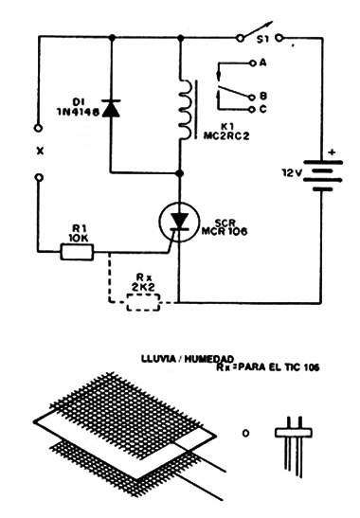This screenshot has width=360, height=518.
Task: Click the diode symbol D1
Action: [112, 107]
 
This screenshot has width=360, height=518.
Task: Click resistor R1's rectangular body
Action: [77, 251]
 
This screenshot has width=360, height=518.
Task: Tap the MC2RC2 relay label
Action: [227, 136]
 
